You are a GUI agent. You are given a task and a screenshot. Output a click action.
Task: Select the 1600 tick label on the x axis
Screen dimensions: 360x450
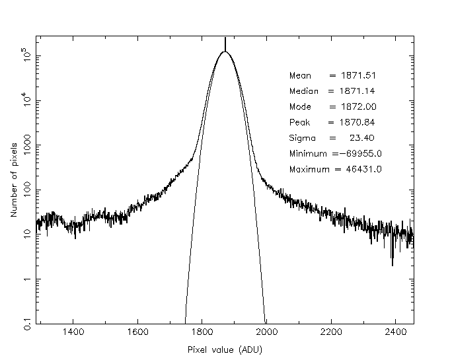pos(137,333)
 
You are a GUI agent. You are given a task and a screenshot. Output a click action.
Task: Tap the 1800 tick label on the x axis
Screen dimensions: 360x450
pos(202,333)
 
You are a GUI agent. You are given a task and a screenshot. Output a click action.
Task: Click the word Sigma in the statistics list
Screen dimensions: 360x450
pos(302,139)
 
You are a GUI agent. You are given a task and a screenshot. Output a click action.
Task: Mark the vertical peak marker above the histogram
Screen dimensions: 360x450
pos(225,44)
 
